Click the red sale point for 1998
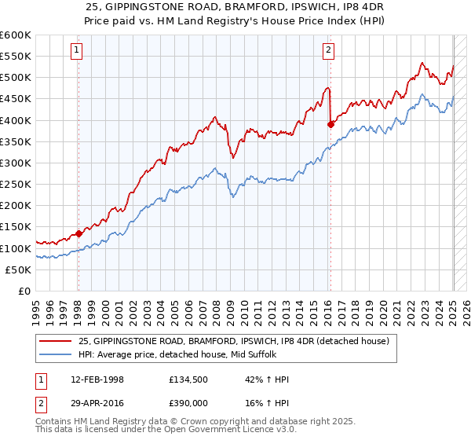(78, 233)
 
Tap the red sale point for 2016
(330, 124)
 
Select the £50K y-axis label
(19, 269)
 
